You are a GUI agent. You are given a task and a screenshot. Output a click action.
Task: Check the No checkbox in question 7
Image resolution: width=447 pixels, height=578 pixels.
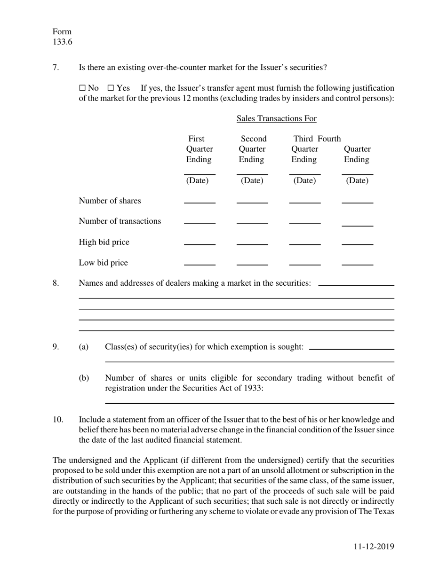[82, 88]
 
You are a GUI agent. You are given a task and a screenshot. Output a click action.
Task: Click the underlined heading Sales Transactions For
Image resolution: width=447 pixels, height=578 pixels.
[276, 118]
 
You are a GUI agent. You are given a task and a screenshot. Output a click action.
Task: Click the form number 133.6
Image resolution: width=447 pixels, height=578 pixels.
[62, 42]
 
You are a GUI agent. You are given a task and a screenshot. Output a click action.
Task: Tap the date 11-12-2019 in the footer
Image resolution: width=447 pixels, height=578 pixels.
[374, 547]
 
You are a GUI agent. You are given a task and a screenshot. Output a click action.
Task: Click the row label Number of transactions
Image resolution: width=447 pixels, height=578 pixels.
[120, 221]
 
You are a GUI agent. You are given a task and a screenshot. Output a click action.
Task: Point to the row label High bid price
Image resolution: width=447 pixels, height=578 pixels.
[104, 242]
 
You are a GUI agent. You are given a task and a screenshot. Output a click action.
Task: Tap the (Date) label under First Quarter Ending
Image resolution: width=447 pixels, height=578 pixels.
[197, 180]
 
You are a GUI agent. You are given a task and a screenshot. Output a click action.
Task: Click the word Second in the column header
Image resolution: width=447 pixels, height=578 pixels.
[254, 139]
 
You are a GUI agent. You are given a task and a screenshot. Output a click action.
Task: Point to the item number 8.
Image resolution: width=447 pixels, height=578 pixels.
[56, 283]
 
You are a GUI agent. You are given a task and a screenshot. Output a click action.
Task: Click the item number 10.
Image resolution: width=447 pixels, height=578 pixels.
[57, 419]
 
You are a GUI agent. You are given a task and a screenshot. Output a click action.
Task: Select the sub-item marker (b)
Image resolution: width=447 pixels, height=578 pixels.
[84, 378]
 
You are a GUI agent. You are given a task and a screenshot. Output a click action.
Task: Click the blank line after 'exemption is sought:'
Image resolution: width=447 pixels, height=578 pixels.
[352, 348]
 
